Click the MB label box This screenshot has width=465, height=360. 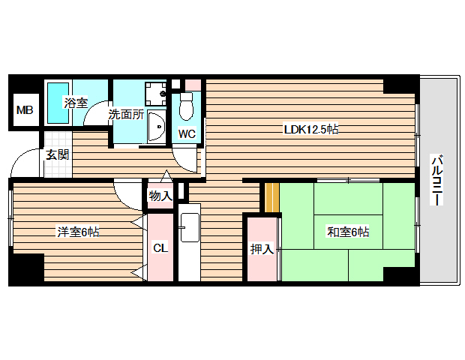point(25,111)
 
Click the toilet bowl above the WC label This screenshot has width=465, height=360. point(187,109)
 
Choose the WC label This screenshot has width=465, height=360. point(187,134)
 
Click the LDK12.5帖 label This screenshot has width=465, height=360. point(310,129)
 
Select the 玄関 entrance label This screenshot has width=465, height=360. point(57,155)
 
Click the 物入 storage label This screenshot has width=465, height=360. point(160,196)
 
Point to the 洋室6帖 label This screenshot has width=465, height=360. point(78,232)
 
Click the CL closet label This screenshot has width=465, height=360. point(160,247)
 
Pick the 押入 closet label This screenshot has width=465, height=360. point(262,248)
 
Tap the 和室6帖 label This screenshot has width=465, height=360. point(347,232)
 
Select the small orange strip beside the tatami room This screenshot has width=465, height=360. point(271,197)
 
